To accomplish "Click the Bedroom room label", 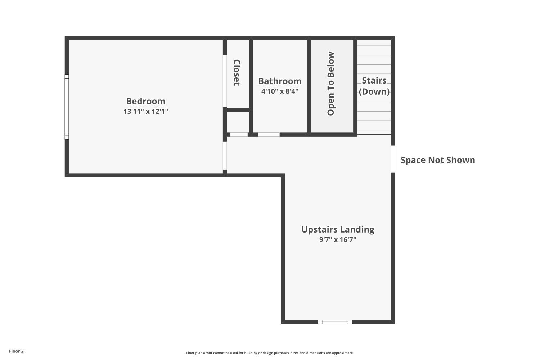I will (145, 101).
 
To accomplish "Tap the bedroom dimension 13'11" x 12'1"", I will (145, 111).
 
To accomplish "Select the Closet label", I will (237, 73).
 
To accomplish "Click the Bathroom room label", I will (280, 81).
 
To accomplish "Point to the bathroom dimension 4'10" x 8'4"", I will (280, 91).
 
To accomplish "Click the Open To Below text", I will (331, 84).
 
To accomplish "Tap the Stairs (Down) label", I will (374, 86).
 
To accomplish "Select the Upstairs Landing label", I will (338, 229).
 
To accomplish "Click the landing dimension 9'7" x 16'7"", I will (338, 239).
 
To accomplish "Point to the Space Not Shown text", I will (437, 160).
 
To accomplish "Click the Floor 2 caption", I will (16, 351).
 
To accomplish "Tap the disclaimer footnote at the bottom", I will (270, 353).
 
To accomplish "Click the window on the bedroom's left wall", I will (67, 107).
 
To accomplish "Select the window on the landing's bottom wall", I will (335, 322).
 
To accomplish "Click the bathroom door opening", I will (269, 135).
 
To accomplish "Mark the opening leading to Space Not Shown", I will (393, 159).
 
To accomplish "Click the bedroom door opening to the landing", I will (225, 156).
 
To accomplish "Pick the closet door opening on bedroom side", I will (225, 81).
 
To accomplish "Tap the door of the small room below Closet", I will (239, 135).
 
